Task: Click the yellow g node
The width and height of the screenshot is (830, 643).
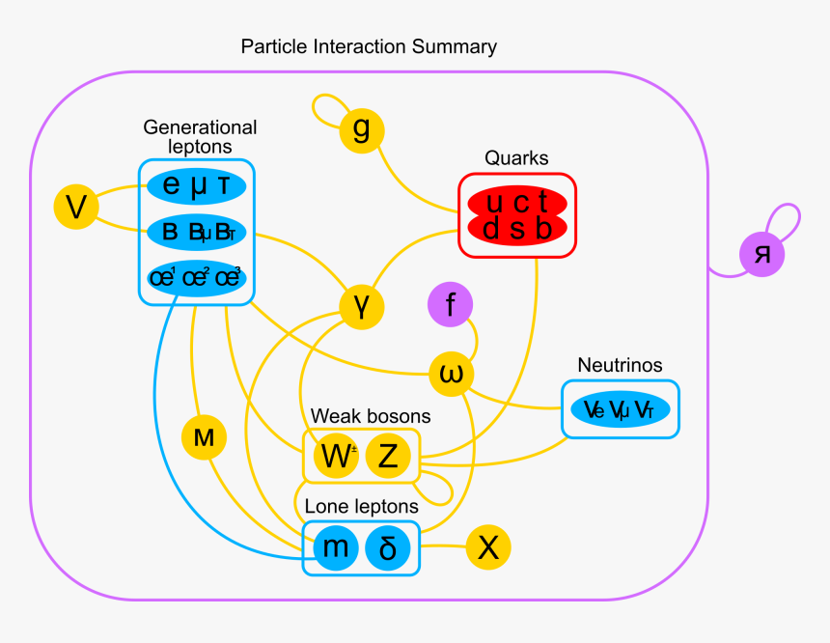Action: pos(362,129)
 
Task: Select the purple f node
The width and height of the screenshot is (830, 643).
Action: pos(451,306)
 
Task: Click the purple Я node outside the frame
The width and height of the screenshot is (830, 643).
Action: pos(762,255)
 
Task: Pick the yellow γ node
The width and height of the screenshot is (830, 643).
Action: pos(362,307)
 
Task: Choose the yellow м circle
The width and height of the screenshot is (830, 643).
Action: pos(204,437)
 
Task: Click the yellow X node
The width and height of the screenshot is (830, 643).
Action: pos(488,548)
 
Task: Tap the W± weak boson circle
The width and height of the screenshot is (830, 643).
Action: pos(336,457)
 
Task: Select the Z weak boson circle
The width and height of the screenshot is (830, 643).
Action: pos(388,457)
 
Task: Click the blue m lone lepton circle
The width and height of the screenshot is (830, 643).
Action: pos(336,548)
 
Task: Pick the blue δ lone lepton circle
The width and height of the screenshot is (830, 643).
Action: pos(388,548)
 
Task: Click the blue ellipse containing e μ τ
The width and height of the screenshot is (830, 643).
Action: pos(197,186)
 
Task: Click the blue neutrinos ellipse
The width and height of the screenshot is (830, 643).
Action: pos(620,410)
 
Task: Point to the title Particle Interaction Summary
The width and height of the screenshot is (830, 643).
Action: pos(369,46)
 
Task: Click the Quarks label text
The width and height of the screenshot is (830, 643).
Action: pos(516,157)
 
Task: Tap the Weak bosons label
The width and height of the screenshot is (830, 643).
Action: pos(371,416)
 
